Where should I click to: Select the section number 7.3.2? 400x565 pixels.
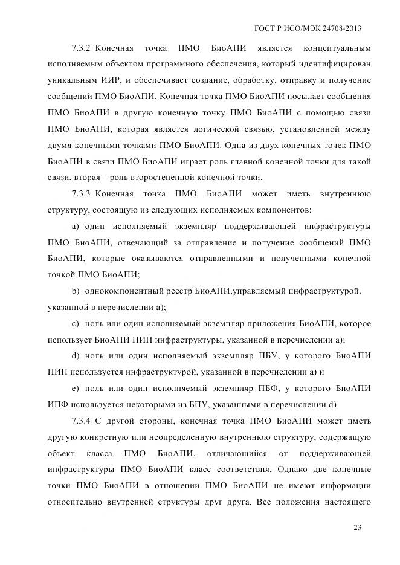click(x=80, y=48)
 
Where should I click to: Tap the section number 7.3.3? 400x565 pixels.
click(x=80, y=194)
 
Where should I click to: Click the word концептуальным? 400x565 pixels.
click(x=337, y=48)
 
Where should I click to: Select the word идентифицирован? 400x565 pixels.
click(x=337, y=64)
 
